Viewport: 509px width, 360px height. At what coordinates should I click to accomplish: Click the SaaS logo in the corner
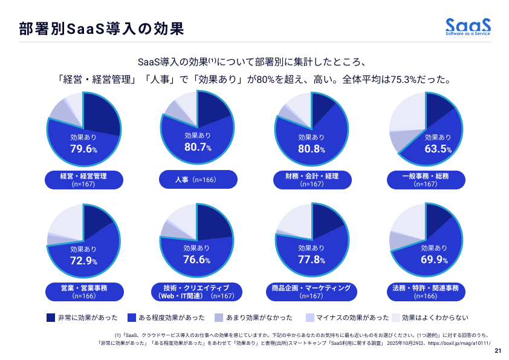tap(468, 27)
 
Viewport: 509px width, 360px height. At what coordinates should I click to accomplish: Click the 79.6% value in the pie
tap(83, 149)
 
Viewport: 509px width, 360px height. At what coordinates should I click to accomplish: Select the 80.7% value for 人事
tap(198, 147)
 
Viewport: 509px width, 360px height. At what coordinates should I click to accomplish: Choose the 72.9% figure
tap(83, 261)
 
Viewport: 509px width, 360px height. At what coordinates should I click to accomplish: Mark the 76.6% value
tap(196, 260)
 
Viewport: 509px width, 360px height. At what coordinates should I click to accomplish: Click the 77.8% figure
tap(311, 260)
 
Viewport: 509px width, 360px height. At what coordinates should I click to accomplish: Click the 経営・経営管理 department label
tap(83, 180)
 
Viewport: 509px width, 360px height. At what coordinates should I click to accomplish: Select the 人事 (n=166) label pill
tap(197, 180)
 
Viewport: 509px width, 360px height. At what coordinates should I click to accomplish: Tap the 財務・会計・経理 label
tap(311, 180)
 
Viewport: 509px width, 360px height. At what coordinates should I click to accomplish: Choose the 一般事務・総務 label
tap(425, 180)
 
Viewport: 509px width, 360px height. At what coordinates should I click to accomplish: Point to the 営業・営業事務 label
tap(83, 292)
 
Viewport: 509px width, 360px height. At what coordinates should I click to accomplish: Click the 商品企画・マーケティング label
tap(311, 292)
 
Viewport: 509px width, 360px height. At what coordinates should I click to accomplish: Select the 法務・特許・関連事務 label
tap(425, 292)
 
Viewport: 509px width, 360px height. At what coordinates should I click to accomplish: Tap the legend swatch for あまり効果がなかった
tap(219, 317)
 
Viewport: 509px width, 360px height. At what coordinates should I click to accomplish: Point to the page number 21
tap(498, 351)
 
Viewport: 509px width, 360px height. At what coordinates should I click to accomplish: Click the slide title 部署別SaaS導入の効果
tap(100, 28)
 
